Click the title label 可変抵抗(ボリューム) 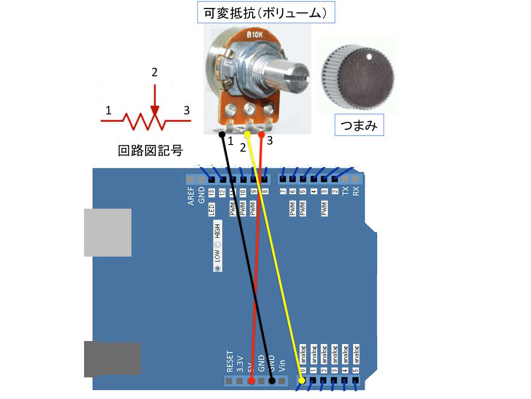(265, 14)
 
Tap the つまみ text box (359, 126)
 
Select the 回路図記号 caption (150, 151)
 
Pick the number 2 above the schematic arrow (154, 72)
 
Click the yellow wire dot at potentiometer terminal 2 (247, 134)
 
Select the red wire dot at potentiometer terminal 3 (262, 134)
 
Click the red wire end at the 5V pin (251, 381)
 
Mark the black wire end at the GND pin (272, 381)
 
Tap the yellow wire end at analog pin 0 (302, 380)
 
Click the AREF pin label (191, 196)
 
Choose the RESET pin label (229, 361)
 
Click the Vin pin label (282, 364)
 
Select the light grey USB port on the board (108, 233)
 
